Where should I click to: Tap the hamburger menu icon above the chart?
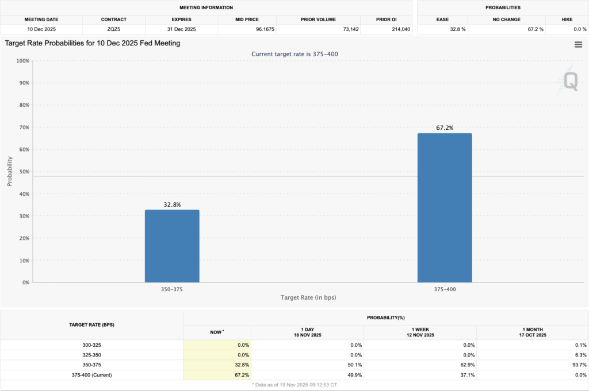click(578, 45)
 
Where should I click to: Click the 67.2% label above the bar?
click(445, 128)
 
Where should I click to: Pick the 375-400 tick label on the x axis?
click(445, 289)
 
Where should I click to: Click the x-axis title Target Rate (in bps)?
click(308, 297)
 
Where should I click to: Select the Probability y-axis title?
click(10, 172)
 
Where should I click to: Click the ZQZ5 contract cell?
click(113, 29)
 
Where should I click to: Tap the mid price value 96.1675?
click(247, 29)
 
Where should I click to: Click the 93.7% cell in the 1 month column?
click(577, 365)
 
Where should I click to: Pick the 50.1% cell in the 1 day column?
click(352, 365)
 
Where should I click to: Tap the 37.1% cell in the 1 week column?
click(465, 375)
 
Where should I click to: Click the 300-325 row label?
click(91, 345)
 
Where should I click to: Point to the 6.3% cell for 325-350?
click(579, 355)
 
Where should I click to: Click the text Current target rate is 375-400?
click(298, 54)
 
